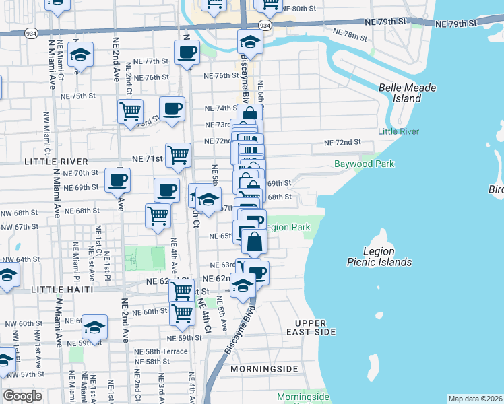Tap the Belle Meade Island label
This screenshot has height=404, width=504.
pos(407,93)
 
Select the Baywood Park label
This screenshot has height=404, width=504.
pos(364,164)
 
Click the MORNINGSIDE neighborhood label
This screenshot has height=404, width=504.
pos(263,370)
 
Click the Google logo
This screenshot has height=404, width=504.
pos(22,396)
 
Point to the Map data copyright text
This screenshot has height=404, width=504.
pos(475,398)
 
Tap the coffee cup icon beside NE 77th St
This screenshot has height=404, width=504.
pos(187,52)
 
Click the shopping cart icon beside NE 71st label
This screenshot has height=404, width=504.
pos(178,154)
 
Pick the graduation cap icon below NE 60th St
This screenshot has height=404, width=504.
pos(94,327)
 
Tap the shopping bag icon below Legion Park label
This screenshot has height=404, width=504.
pos(255,242)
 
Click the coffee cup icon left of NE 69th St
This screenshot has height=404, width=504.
pos(117,180)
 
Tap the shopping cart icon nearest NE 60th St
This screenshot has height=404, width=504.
pos(182,312)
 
